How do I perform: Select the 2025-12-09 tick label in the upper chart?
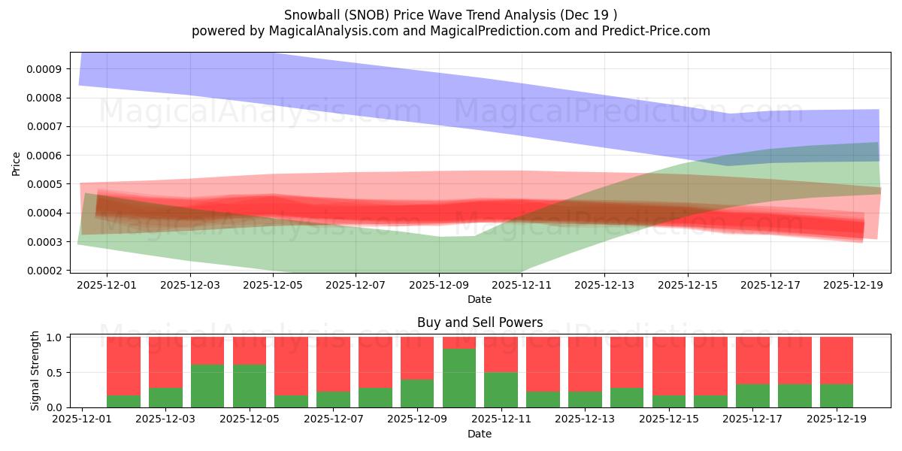tap(439, 285)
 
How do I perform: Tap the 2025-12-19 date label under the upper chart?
tap(853, 285)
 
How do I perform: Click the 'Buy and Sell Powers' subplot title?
tap(480, 322)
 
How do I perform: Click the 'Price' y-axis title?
tap(17, 163)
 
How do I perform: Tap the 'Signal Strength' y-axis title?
tap(35, 371)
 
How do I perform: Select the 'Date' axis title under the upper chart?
tap(480, 299)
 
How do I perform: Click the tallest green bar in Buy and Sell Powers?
tap(459, 378)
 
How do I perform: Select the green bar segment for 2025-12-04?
tap(207, 386)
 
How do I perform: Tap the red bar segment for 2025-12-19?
tap(837, 361)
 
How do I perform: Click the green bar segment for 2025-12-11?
tap(501, 389)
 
